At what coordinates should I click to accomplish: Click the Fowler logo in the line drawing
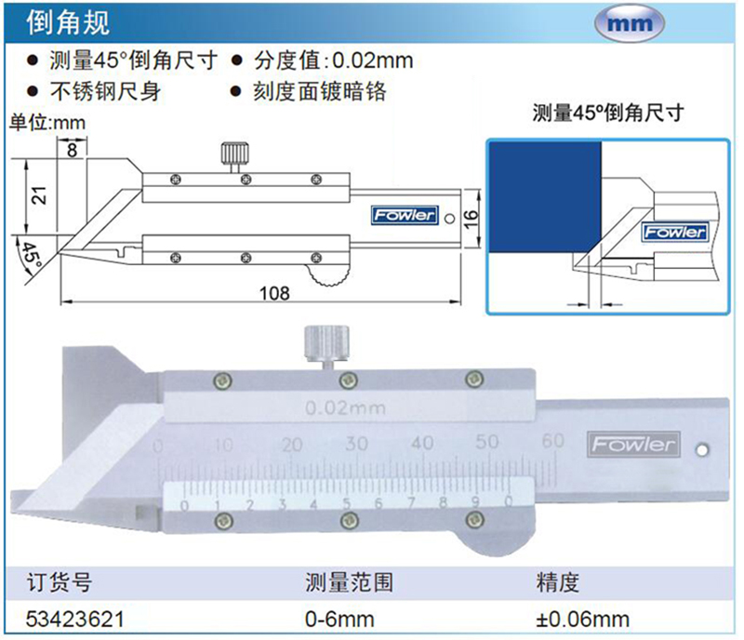(403, 215)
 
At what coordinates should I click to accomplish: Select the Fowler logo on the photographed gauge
(631, 445)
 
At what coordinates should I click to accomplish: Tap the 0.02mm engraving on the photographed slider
(345, 407)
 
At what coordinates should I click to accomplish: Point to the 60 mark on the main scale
(553, 442)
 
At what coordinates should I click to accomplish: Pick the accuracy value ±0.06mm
(582, 618)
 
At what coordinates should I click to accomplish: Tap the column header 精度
(557, 583)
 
